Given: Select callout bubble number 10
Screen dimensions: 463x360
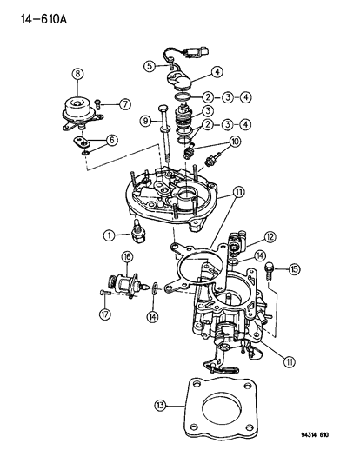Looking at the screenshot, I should pyautogui.click(x=235, y=142).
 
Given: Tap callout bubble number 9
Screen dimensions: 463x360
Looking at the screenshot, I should pyautogui.click(x=147, y=121).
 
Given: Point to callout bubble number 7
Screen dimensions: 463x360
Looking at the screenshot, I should pyautogui.click(x=125, y=104).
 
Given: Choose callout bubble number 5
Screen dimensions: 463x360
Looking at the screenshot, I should pyautogui.click(x=150, y=64).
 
